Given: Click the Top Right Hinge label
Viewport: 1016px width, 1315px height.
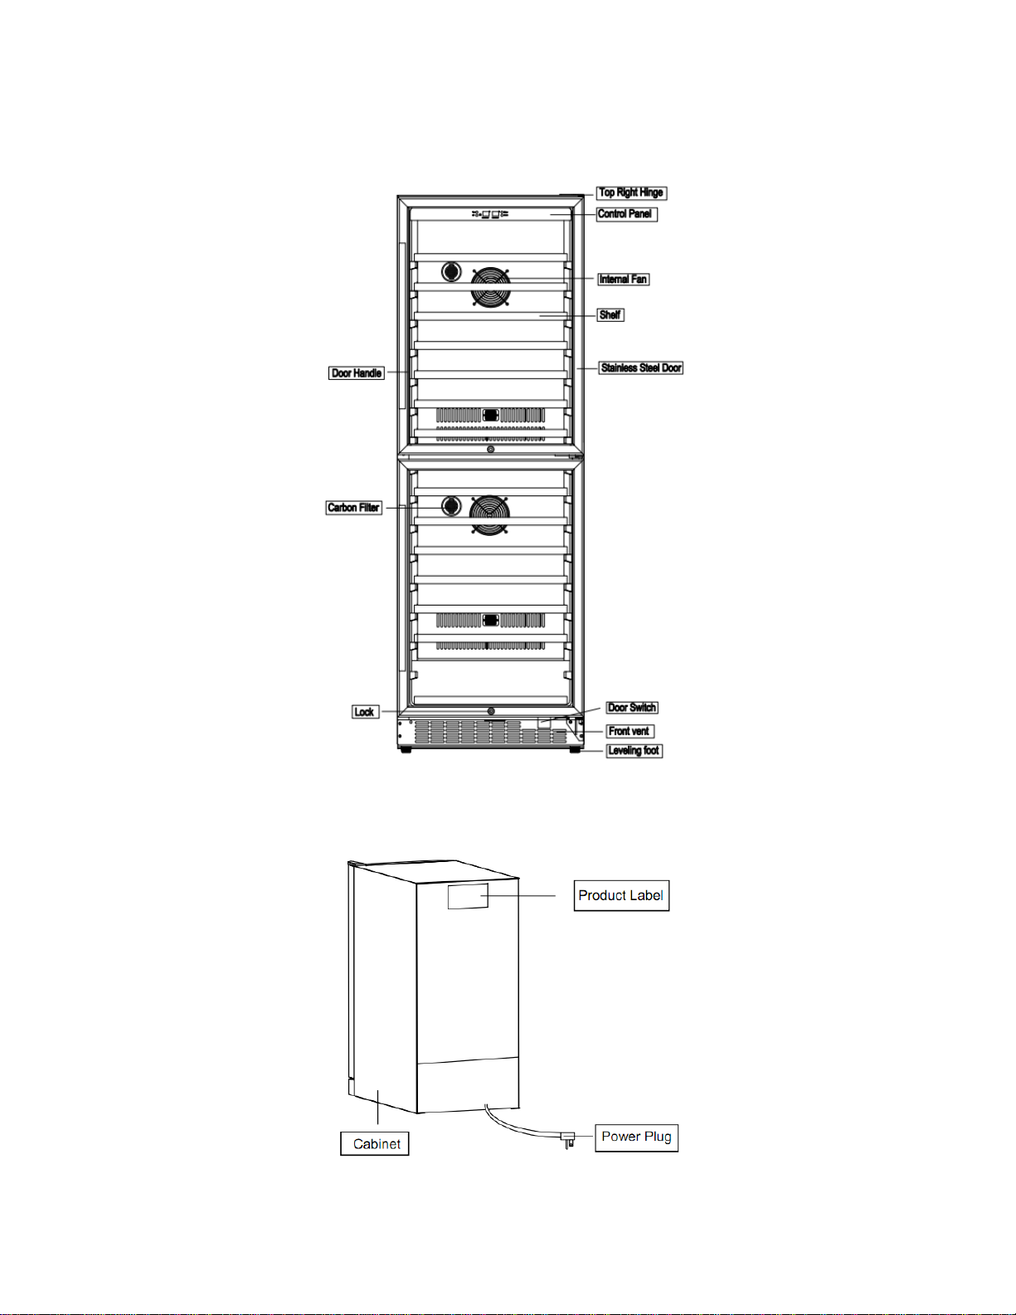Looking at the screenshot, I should pyautogui.click(x=631, y=192).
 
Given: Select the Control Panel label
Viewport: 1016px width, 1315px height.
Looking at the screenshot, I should pyautogui.click(x=625, y=214).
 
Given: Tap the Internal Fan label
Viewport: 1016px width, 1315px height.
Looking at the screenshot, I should pyautogui.click(x=623, y=280).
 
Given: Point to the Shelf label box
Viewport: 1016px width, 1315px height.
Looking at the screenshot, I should pyautogui.click(x=610, y=315).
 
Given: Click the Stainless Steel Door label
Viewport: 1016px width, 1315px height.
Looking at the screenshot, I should pyautogui.click(x=641, y=368).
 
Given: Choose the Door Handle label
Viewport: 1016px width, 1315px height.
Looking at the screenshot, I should pyautogui.click(x=357, y=373).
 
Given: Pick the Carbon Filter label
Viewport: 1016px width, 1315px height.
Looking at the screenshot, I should pyautogui.click(x=353, y=508).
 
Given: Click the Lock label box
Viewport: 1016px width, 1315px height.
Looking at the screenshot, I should pyautogui.click(x=364, y=712).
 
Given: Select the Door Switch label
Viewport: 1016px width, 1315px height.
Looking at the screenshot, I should pyautogui.click(x=632, y=708).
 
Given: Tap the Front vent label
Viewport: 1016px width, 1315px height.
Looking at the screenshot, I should pyautogui.click(x=630, y=732).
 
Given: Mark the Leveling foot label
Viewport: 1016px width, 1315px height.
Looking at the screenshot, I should pyautogui.click(x=634, y=751).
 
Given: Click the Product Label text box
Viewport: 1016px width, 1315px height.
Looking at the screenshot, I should pyautogui.click(x=621, y=896).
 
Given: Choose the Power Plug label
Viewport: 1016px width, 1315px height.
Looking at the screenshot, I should pyautogui.click(x=636, y=1137).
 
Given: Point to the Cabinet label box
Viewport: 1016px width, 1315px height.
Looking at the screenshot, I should pyautogui.click(x=375, y=1144).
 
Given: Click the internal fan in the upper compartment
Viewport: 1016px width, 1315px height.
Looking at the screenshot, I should pyautogui.click(x=491, y=286).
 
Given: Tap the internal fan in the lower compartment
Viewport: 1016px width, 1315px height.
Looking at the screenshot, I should pyautogui.click(x=489, y=514).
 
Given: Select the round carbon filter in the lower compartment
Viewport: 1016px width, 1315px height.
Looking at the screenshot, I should pyautogui.click(x=451, y=505).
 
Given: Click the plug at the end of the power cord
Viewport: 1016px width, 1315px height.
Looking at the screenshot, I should pyautogui.click(x=569, y=1139).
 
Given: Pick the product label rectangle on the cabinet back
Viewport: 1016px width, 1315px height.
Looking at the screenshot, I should pyautogui.click(x=468, y=896).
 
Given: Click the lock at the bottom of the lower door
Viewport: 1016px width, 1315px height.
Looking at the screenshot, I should pyautogui.click(x=491, y=712).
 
